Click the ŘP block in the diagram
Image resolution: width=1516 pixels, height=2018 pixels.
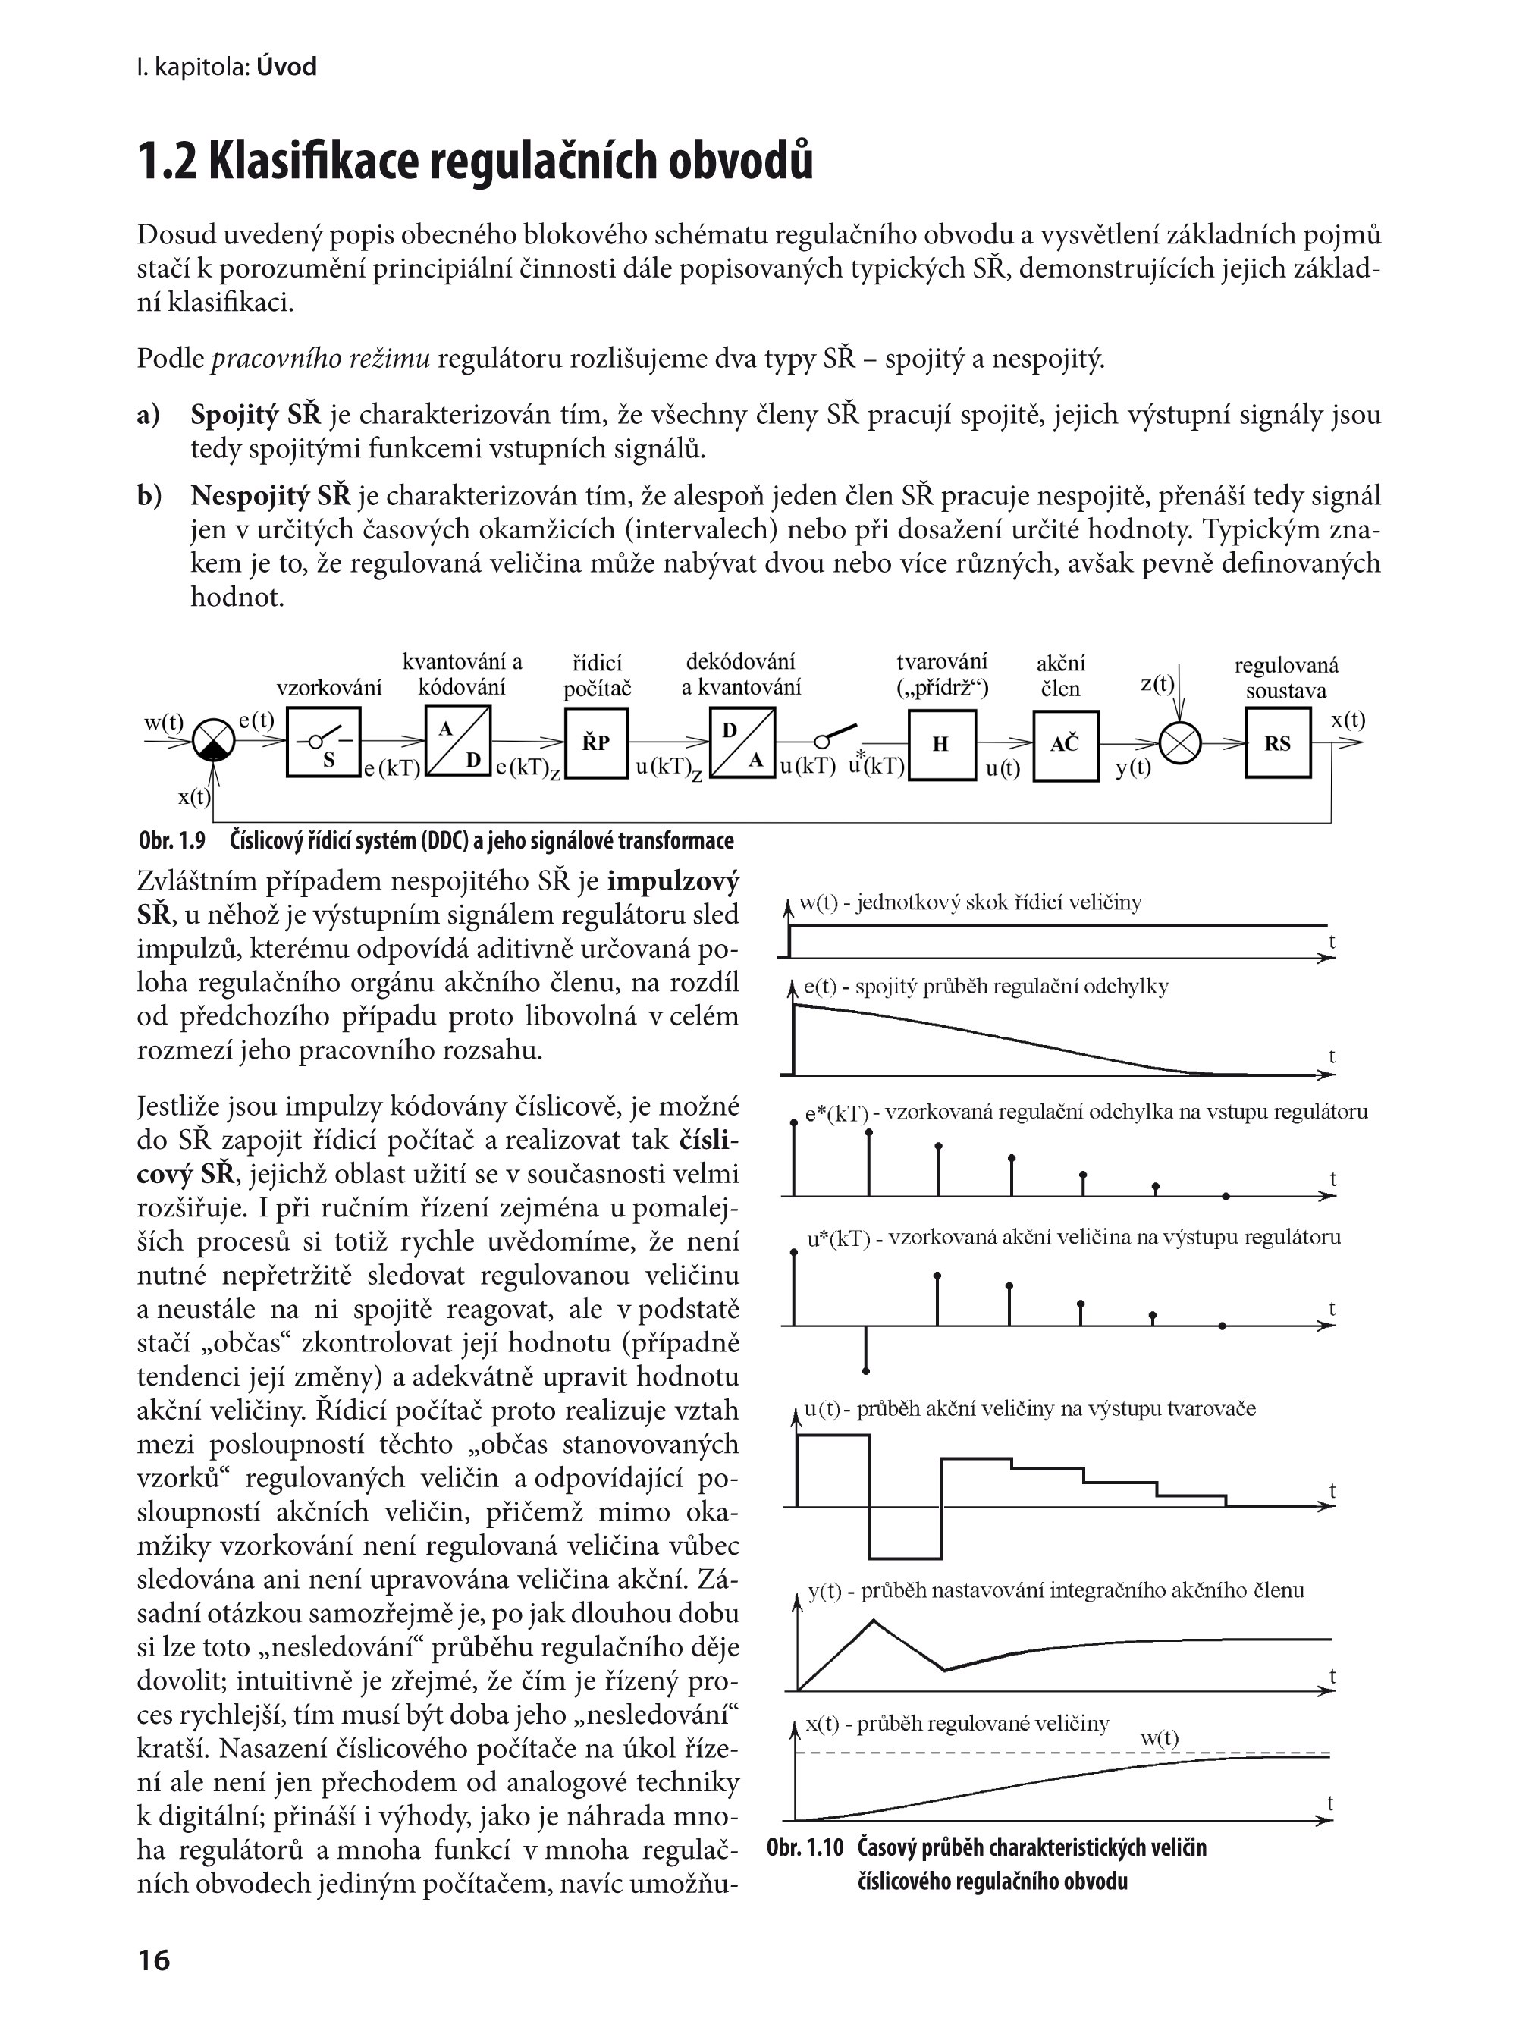tap(595, 743)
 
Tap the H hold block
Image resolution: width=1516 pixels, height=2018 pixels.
tap(941, 745)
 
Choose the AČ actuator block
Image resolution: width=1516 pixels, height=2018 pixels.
tap(1065, 745)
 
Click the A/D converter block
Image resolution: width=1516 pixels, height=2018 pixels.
tap(458, 742)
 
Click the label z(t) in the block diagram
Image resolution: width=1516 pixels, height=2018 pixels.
tap(1157, 683)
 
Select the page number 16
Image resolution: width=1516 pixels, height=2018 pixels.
tap(153, 1960)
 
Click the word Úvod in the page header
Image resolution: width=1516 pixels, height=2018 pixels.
tap(287, 67)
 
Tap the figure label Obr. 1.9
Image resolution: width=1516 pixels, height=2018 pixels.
tap(172, 840)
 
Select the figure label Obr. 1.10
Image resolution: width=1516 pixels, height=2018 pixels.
tap(805, 1847)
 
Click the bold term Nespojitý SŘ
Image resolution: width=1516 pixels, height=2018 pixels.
tap(270, 496)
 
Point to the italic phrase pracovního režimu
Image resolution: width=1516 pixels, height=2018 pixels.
tap(320, 359)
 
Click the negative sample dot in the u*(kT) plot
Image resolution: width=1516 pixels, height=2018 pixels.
tap(865, 1370)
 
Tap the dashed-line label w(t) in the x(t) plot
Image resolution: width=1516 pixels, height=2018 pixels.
tap(1160, 1738)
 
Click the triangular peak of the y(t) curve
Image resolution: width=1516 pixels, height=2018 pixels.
tap(874, 1620)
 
